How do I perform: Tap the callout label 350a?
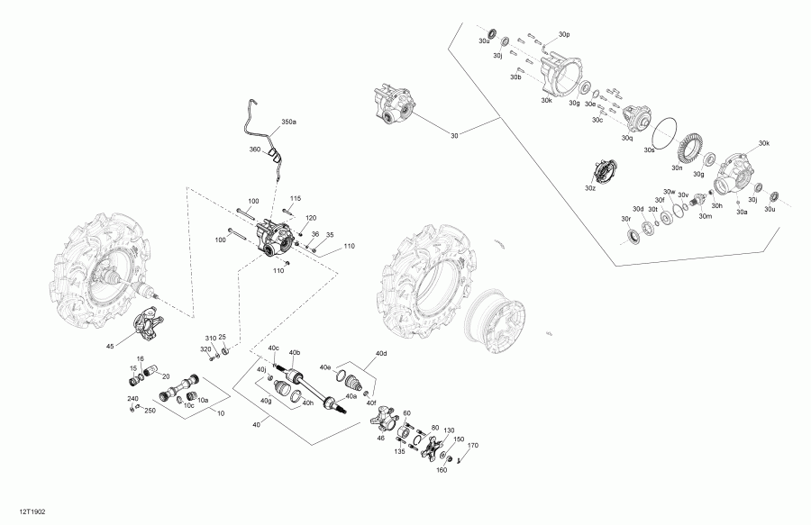[288, 121]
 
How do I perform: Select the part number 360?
[254, 149]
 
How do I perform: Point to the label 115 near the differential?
[295, 198]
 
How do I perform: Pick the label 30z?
[589, 189]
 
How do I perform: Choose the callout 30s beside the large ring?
[648, 150]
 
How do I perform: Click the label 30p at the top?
[564, 33]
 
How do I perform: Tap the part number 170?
[473, 446]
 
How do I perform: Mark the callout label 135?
[399, 453]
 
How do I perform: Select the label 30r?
[625, 219]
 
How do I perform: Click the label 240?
[132, 399]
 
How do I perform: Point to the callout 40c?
[274, 348]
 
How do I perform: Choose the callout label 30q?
[627, 139]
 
